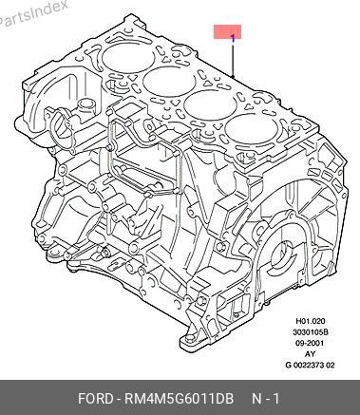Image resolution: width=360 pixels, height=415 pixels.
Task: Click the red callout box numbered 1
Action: [227, 32]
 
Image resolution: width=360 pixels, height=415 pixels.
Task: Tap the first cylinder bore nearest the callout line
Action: [128, 58]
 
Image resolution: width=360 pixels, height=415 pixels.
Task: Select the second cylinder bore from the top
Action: [169, 82]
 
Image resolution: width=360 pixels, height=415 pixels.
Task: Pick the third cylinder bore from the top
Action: [211, 105]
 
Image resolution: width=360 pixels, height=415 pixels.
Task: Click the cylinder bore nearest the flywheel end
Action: [252, 129]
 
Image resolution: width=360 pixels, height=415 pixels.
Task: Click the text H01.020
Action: [311, 321]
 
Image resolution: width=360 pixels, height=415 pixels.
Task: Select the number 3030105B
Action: [311, 332]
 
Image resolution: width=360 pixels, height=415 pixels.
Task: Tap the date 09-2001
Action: [311, 343]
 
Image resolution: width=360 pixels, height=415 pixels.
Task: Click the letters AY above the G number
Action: [311, 354]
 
